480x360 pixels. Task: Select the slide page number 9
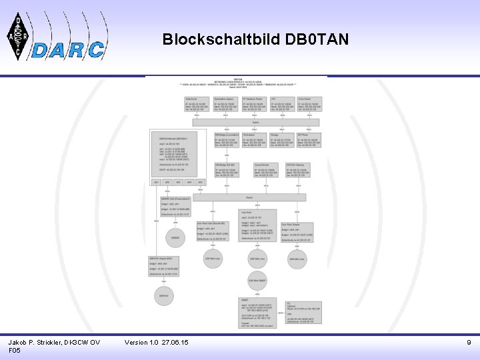[x=469, y=342]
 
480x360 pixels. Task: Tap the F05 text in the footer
[x=16, y=350]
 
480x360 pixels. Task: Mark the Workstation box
[x=255, y=140]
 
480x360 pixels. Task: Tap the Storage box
[x=283, y=140]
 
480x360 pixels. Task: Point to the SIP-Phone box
[x=310, y=140]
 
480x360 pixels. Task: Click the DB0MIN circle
[x=175, y=238]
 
